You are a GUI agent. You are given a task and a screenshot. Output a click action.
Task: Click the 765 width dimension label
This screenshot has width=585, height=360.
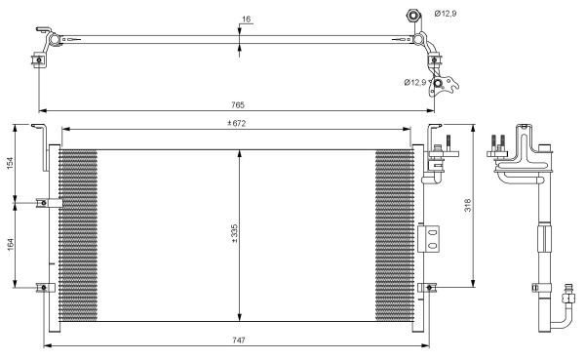pos(238,105)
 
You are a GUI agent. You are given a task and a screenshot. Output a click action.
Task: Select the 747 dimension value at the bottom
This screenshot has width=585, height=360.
pos(239,340)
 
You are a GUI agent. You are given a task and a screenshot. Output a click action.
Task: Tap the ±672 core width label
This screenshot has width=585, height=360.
pos(237,123)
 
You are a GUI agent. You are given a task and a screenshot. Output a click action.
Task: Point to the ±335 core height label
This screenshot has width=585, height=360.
pos(234,234)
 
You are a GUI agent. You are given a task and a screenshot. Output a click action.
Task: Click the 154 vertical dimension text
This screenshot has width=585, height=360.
pos(10,163)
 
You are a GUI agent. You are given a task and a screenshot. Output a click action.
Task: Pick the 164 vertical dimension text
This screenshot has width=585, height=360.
pos(10,244)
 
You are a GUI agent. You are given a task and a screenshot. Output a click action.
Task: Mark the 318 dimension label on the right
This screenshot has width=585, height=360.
pos(467,205)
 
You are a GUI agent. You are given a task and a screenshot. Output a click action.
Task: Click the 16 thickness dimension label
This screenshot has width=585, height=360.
pos(246,20)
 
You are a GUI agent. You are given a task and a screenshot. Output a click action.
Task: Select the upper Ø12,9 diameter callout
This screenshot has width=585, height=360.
pos(446,14)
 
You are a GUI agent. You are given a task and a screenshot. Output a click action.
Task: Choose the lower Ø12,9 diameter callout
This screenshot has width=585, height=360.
pos(415,82)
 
